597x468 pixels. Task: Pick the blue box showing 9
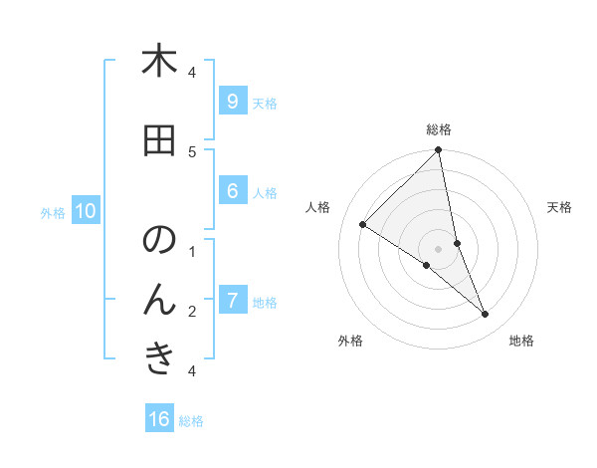[x=232, y=102]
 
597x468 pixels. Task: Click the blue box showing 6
[x=232, y=191]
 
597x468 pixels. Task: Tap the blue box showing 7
[x=232, y=301]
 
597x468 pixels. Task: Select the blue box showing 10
[x=85, y=211]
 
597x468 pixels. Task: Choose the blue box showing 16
[x=159, y=419]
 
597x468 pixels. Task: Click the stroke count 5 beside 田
[x=192, y=151]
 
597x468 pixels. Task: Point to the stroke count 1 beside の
[x=192, y=251]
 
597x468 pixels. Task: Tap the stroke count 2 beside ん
[x=192, y=311]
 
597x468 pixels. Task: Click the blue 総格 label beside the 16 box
[x=191, y=421]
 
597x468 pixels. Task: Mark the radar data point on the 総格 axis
[x=439, y=150]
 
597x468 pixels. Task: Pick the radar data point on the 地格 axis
[x=486, y=315]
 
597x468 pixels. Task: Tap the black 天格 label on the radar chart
[x=560, y=207]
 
